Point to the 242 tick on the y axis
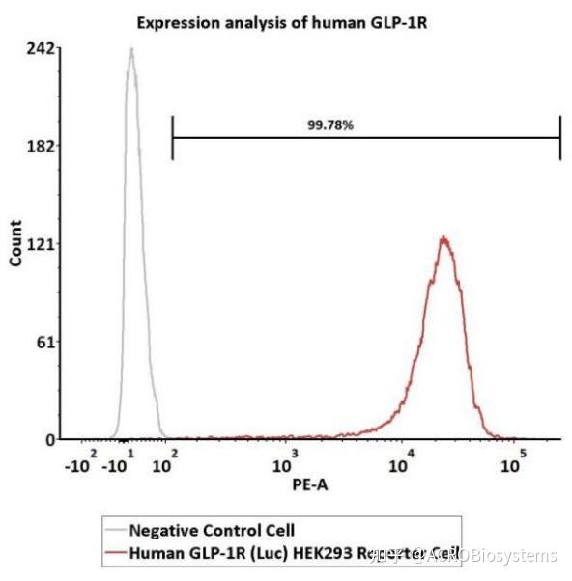coord(41,48)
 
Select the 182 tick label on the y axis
coord(41,146)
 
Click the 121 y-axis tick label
coord(41,243)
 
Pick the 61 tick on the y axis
coord(44,342)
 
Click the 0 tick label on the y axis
coord(48,439)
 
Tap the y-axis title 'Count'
coord(15,243)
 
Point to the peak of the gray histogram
coord(130,50)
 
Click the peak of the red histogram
coord(443,237)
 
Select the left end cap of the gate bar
coord(172,137)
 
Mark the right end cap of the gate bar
coord(560,137)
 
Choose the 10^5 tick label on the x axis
coord(515,464)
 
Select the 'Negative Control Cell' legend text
coord(212,530)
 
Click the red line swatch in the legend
coord(115,553)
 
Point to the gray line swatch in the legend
coord(115,530)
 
